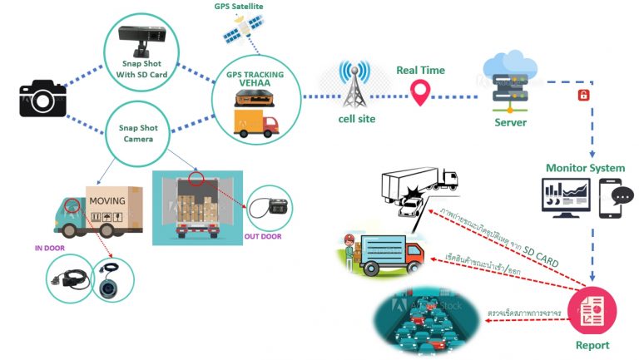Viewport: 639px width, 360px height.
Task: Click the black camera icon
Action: (x=42, y=98)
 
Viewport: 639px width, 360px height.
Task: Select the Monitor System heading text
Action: (x=584, y=169)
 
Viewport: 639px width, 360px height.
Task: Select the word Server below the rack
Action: (x=510, y=122)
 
